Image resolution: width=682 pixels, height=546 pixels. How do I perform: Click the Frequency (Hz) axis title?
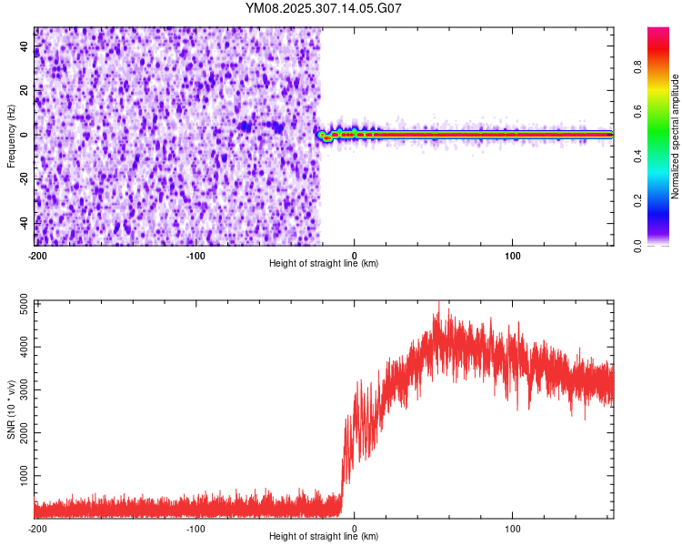(x=11, y=136)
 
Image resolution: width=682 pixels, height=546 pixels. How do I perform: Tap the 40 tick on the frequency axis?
(x=24, y=46)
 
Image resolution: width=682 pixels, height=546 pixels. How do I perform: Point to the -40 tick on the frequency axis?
(x=24, y=222)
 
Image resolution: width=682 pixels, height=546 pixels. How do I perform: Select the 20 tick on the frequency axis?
(x=24, y=90)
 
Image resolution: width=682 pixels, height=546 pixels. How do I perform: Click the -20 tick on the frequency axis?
(x=24, y=178)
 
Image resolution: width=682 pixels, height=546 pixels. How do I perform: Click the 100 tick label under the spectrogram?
(x=513, y=254)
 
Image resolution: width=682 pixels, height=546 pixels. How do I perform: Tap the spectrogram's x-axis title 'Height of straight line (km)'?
(x=324, y=264)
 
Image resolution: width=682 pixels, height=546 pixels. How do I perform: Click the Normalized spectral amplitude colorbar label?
(x=676, y=136)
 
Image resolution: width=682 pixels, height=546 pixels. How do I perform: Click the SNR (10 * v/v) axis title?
(x=11, y=409)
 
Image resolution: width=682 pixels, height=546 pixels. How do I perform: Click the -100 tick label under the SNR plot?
(x=196, y=528)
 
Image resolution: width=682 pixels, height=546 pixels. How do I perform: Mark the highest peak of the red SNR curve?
(x=439, y=302)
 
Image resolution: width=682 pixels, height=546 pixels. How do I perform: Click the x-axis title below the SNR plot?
(x=324, y=537)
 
